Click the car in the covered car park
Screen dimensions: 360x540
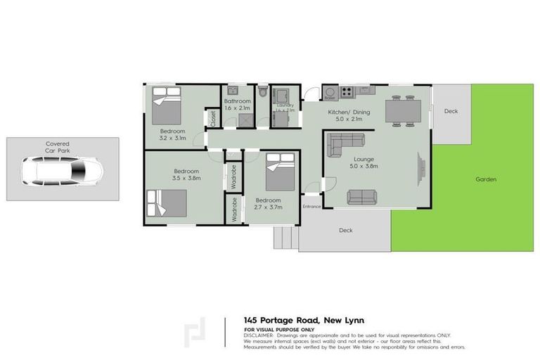(62, 170)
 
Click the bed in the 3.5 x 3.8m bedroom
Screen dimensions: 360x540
(167, 202)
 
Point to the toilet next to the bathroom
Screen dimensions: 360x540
(262, 92)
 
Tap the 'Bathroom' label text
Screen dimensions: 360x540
(237, 101)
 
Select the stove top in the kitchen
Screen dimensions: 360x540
(347, 92)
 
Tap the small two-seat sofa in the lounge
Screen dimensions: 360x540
(361, 198)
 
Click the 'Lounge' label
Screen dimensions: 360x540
(364, 160)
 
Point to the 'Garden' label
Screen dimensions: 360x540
(486, 179)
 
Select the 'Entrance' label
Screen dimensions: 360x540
(311, 207)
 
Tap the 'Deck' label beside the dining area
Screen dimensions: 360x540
(451, 111)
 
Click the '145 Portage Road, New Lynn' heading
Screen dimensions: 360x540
(304, 321)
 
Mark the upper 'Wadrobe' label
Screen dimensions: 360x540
(235, 176)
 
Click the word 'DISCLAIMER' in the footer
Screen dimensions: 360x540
(260, 335)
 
